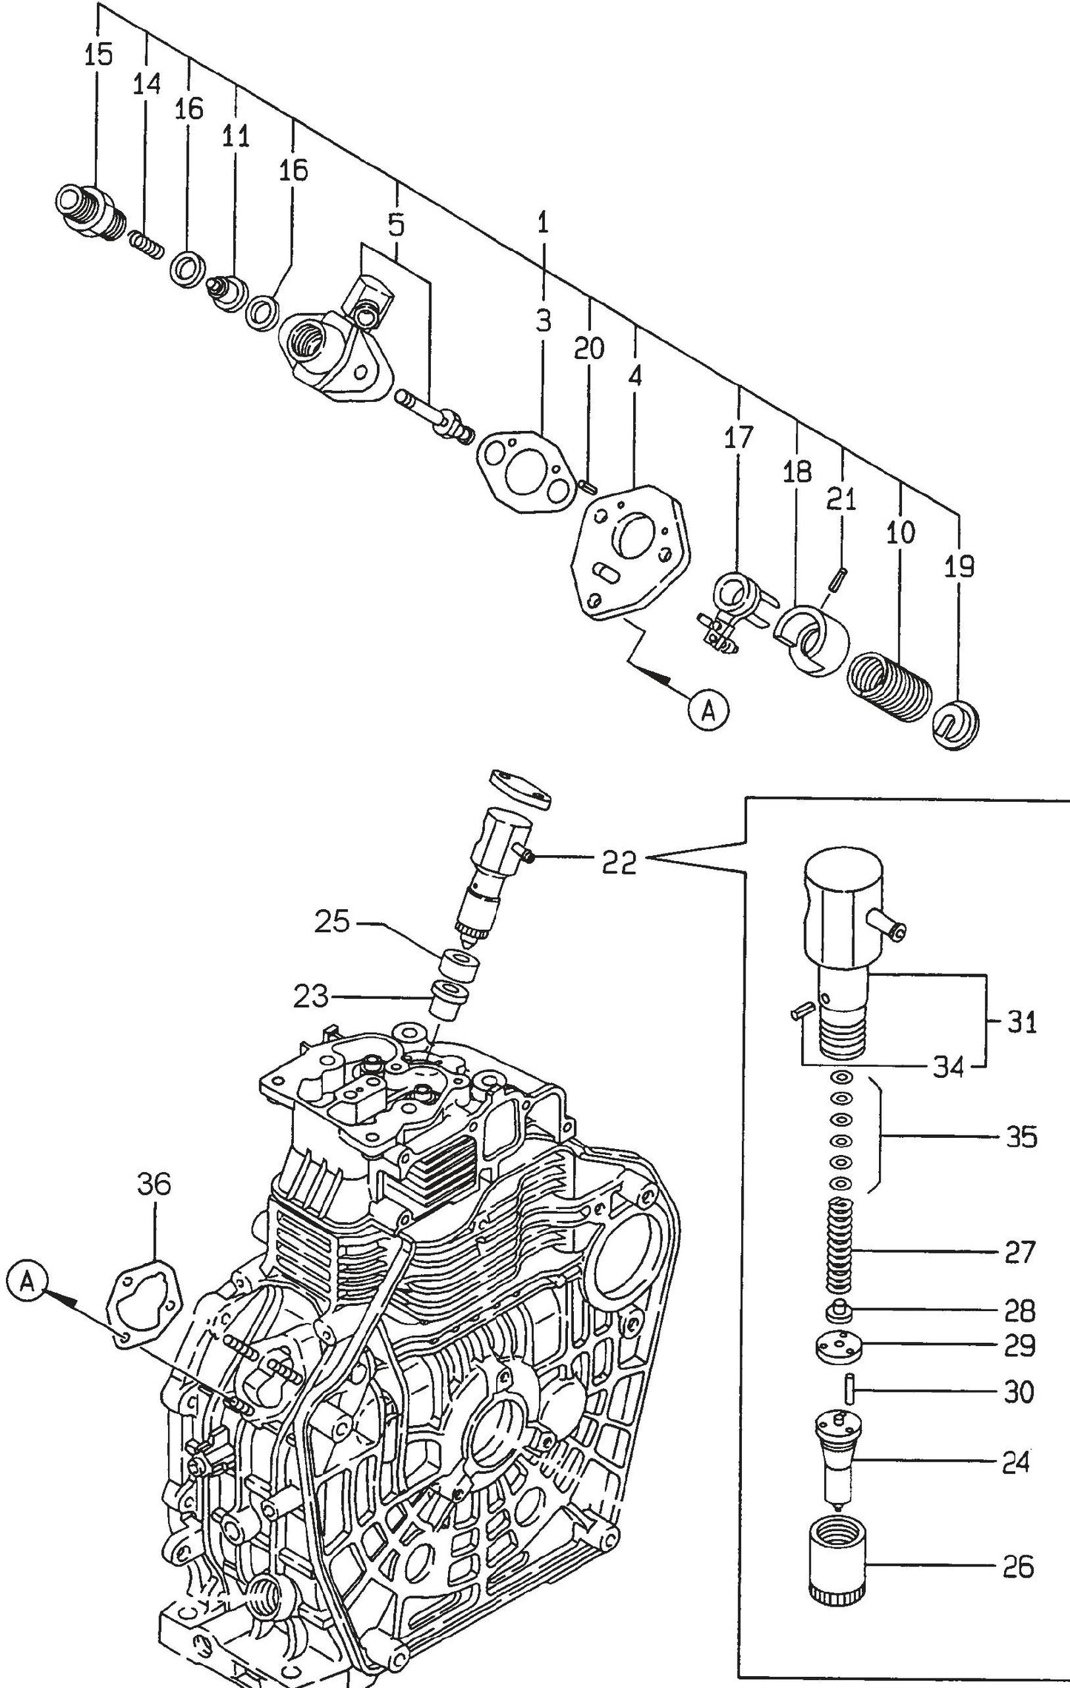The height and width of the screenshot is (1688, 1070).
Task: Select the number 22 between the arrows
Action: click(619, 862)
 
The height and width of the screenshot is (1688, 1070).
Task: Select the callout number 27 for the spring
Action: click(1019, 1252)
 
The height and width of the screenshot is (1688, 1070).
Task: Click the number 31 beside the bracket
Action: click(1021, 1023)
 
